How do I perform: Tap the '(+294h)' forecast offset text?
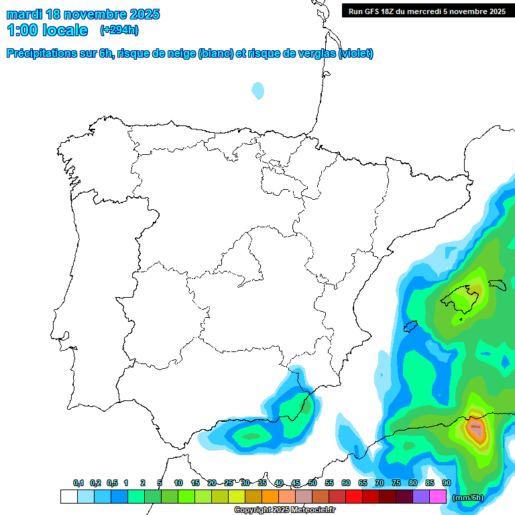(119, 30)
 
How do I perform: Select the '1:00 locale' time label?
(47, 30)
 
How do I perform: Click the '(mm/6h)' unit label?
(468, 497)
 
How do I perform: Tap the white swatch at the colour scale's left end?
(68, 497)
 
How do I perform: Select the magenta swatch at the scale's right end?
(438, 497)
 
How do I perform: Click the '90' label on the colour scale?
(446, 483)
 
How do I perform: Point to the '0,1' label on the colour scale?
(78, 483)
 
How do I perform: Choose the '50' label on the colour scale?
(312, 483)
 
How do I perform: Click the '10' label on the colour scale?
(178, 483)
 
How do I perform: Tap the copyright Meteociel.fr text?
(284, 510)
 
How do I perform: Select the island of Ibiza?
(410, 327)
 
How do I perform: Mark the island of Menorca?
(497, 285)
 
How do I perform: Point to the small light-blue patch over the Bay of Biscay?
(258, 90)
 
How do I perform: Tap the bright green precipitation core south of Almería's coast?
(251, 436)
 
